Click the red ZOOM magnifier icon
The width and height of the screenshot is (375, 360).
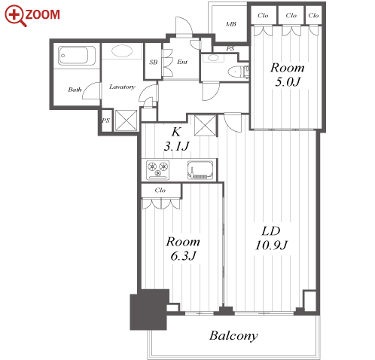(15, 16)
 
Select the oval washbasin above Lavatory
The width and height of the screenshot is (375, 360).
(122, 51)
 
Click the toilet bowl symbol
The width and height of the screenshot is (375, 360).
(235, 72)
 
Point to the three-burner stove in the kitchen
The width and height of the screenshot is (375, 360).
(158, 169)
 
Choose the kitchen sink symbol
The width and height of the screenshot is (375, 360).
(200, 170)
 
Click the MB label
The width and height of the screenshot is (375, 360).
(230, 24)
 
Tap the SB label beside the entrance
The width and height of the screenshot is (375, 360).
(154, 62)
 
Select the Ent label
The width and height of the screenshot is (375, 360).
(182, 62)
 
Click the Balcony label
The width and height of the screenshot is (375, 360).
(233, 336)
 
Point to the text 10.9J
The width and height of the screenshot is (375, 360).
(271, 246)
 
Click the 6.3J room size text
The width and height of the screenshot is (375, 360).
(183, 256)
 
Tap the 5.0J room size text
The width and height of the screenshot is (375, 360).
(288, 82)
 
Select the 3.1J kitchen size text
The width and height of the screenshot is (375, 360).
(177, 146)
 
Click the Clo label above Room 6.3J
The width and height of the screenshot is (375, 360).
(160, 191)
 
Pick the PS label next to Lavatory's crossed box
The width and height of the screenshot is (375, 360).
(105, 121)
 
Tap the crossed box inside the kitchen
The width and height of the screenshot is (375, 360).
(206, 125)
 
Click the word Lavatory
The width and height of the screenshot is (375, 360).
(122, 87)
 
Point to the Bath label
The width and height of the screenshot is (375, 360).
(75, 90)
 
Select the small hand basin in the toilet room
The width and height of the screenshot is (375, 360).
(213, 58)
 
